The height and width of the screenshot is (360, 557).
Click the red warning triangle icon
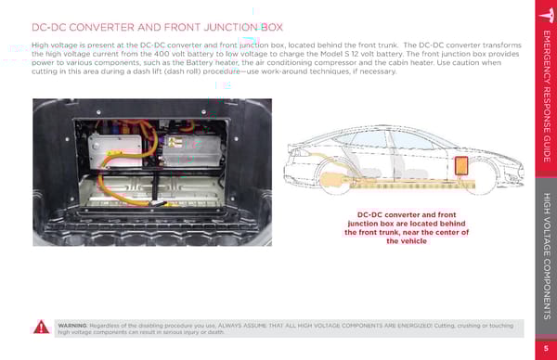click(x=41, y=328)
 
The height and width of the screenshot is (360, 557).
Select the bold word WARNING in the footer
click(x=72, y=326)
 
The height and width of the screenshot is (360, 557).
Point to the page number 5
click(x=546, y=348)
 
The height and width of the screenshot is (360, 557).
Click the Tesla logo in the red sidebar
click(x=547, y=15)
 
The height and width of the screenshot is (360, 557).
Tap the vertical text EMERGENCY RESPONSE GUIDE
click(x=547, y=96)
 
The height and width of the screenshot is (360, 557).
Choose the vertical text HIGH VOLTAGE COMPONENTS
click(x=547, y=256)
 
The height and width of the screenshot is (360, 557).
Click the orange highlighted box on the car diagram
click(x=461, y=166)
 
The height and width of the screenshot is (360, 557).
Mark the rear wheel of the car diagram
click(x=336, y=178)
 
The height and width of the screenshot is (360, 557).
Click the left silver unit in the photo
click(x=115, y=150)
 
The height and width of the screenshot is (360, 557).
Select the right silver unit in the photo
click(x=192, y=150)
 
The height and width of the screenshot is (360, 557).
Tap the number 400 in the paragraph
click(x=162, y=54)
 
